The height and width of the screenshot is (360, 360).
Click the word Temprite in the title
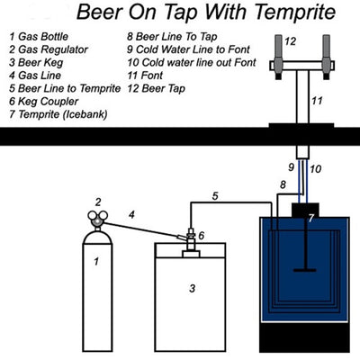pyautogui.click(x=295, y=12)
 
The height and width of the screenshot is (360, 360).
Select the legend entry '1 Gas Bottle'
pyautogui.click(x=39, y=37)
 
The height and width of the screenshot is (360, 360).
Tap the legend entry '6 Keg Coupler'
pyautogui.click(x=44, y=102)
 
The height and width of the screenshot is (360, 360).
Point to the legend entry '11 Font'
pyautogui.click(x=145, y=76)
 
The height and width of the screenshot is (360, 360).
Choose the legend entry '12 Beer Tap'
pyautogui.click(x=156, y=88)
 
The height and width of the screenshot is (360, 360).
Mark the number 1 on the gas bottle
pyautogui.click(x=96, y=262)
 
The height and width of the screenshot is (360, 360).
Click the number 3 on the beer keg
pyautogui.click(x=193, y=288)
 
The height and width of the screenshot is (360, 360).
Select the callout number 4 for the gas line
pyautogui.click(x=131, y=214)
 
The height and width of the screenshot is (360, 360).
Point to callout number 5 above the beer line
pyautogui.click(x=215, y=196)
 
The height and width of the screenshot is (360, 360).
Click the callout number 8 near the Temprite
pyautogui.click(x=283, y=184)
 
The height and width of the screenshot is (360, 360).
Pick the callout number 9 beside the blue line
pyautogui.click(x=291, y=167)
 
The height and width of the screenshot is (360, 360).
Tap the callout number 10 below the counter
pyautogui.click(x=315, y=169)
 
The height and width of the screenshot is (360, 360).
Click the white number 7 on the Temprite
pyautogui.click(x=311, y=218)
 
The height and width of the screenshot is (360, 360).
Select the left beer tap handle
pyautogui.click(x=278, y=57)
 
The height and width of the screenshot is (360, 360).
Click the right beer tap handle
pyautogui.click(x=327, y=57)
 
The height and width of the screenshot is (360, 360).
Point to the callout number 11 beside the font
pyautogui.click(x=317, y=101)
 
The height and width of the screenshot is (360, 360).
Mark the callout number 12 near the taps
pyautogui.click(x=290, y=41)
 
